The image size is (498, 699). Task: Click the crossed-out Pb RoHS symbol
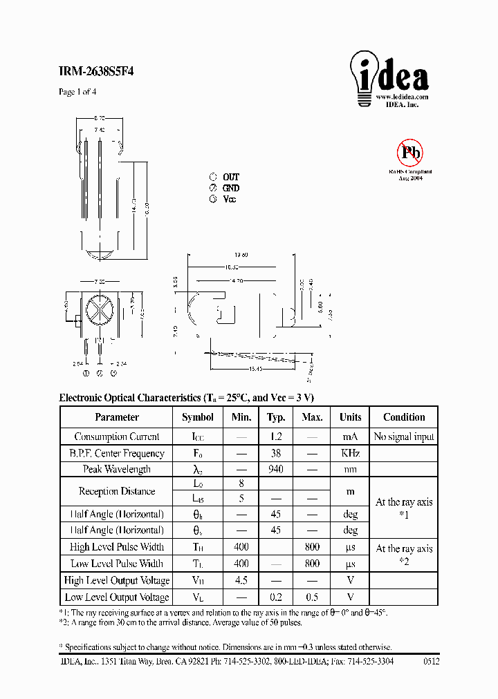409,152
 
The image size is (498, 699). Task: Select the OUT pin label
230,177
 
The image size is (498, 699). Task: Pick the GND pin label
230,188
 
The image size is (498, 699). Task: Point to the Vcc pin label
229,199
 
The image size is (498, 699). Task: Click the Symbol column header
198,417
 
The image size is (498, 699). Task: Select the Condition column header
404,417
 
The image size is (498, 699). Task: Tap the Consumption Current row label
116,437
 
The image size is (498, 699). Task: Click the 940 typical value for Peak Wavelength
277,470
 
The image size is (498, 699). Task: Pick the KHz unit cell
350,454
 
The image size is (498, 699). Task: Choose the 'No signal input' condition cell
404,437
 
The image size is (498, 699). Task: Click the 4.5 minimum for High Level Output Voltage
241,581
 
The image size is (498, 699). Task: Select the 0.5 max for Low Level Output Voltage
313,597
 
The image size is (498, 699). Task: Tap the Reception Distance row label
116,491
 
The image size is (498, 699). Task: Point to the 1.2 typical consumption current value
277,437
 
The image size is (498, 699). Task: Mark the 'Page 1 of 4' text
77,92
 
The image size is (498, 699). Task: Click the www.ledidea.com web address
403,97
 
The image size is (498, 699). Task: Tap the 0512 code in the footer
430,661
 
